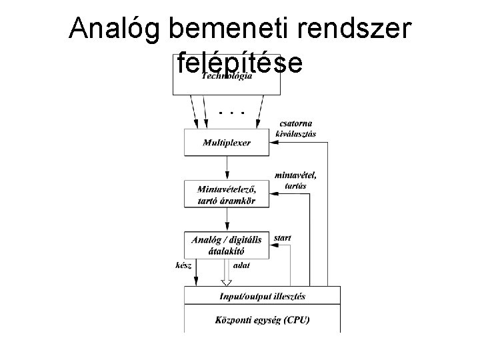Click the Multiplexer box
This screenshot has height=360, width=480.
227,143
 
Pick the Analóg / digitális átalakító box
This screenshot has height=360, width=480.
227,245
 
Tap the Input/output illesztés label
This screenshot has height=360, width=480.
263,296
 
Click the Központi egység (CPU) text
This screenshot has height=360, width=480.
263,320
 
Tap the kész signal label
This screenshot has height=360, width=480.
183,265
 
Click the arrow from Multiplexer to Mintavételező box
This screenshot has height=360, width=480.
227,168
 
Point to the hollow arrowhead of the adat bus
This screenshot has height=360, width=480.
227,283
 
